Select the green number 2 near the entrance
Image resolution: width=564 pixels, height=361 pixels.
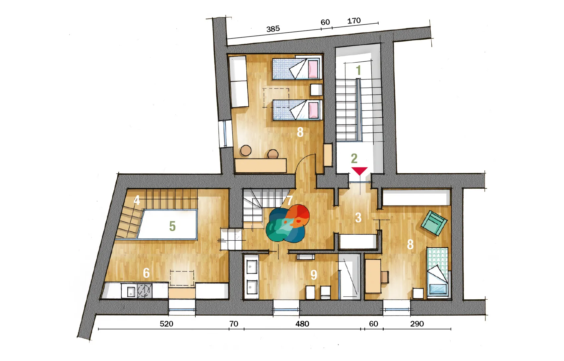(x=354, y=158)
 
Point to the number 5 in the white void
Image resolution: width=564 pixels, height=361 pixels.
(x=172, y=226)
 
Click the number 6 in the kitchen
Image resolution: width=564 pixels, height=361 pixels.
(x=146, y=273)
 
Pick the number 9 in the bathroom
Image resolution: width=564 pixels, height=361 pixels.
(x=314, y=275)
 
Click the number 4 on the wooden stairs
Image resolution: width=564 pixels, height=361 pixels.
(x=137, y=200)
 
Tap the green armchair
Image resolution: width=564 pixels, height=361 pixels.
(x=434, y=223)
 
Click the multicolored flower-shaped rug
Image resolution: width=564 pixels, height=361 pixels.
(x=287, y=223)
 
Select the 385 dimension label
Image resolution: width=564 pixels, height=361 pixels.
(x=273, y=29)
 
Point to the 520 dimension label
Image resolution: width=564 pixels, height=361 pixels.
(x=166, y=324)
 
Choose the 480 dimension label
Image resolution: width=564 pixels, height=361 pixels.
(x=302, y=324)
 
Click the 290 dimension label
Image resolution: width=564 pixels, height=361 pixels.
(x=417, y=324)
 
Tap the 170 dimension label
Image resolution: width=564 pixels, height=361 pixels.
(x=354, y=21)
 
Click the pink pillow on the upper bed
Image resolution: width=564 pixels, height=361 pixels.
(x=313, y=69)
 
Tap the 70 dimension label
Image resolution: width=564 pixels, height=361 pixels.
(x=234, y=324)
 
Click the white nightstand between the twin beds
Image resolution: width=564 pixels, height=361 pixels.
(x=316, y=90)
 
